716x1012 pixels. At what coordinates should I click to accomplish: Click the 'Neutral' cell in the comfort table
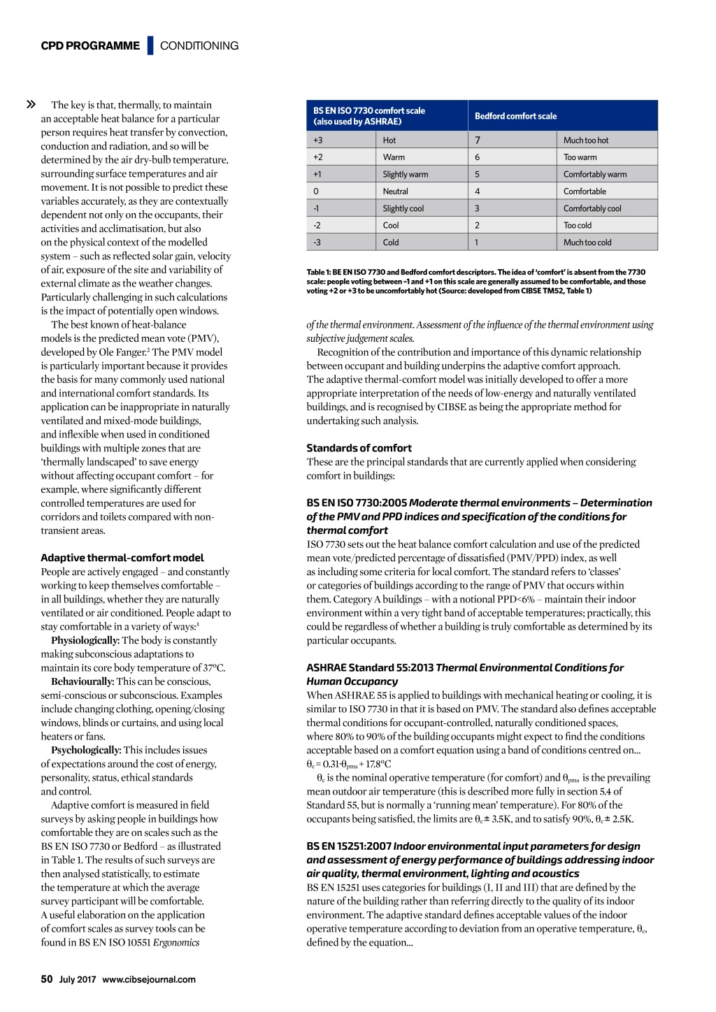pyautogui.click(x=396, y=191)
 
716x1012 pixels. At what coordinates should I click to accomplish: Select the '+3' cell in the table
pyautogui.click(x=318, y=140)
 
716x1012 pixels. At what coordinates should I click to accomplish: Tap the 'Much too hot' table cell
pyautogui.click(x=586, y=140)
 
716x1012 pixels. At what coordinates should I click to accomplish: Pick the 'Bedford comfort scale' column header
pyautogui.click(x=516, y=116)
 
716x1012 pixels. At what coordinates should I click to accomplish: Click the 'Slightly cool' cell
pyautogui.click(x=403, y=208)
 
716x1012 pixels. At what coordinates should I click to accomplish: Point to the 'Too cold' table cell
pyautogui.click(x=578, y=225)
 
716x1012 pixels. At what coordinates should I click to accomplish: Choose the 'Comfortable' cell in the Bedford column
pyautogui.click(x=585, y=191)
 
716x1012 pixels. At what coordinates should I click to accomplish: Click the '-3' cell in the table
pyautogui.click(x=317, y=243)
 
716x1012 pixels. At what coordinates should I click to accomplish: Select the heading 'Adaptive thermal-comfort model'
pyautogui.click(x=122, y=558)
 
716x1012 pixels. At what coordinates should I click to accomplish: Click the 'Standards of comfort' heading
pyautogui.click(x=359, y=448)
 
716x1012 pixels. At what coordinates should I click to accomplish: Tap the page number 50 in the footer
pyautogui.click(x=47, y=979)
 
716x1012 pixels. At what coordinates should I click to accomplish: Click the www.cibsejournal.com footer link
pyautogui.click(x=149, y=980)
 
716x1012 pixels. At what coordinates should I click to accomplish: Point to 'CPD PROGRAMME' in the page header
pyautogui.click(x=90, y=46)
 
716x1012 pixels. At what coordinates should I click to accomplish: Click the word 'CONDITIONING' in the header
pyautogui.click(x=199, y=46)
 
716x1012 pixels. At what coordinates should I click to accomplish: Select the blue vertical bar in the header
pyautogui.click(x=150, y=45)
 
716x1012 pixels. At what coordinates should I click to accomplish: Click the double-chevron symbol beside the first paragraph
pyautogui.click(x=31, y=105)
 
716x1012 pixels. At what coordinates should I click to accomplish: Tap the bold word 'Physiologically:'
pyautogui.click(x=85, y=640)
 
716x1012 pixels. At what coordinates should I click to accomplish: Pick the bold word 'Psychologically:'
pyautogui.click(x=86, y=750)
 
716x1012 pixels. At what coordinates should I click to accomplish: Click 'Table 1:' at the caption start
pyautogui.click(x=318, y=273)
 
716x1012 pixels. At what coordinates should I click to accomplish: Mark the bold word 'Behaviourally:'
pyautogui.click(x=83, y=681)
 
